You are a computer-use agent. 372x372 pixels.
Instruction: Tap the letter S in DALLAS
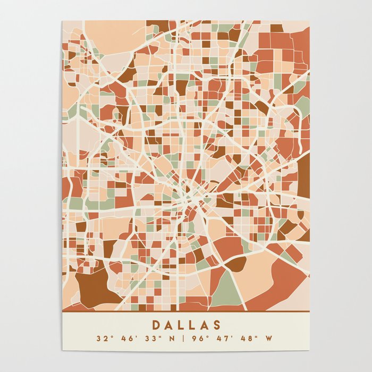(217, 325)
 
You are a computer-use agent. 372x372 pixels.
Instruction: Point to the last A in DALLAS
(205, 325)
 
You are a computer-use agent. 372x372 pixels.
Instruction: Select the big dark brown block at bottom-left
(93, 287)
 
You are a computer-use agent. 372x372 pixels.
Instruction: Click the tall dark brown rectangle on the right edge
(303, 175)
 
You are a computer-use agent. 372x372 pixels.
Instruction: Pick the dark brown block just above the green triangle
(236, 264)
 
